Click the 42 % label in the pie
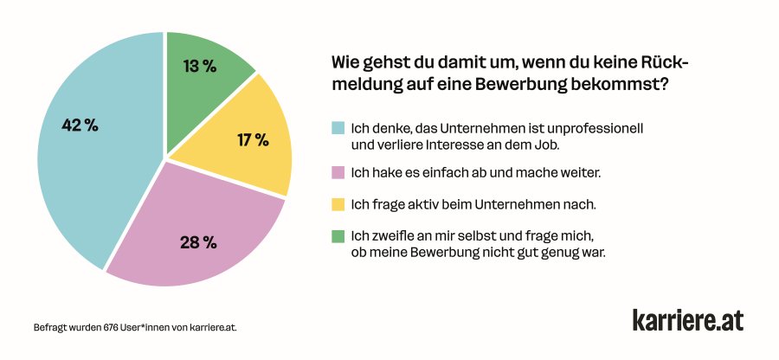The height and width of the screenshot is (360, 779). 80,125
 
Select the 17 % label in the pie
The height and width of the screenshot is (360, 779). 252,139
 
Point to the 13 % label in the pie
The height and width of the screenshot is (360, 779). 200,66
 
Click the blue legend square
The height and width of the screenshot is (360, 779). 338,128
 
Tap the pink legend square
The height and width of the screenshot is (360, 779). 338,173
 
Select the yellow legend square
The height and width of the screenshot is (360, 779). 338,204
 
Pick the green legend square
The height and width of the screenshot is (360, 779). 338,235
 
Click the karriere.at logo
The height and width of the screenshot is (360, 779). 687,319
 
